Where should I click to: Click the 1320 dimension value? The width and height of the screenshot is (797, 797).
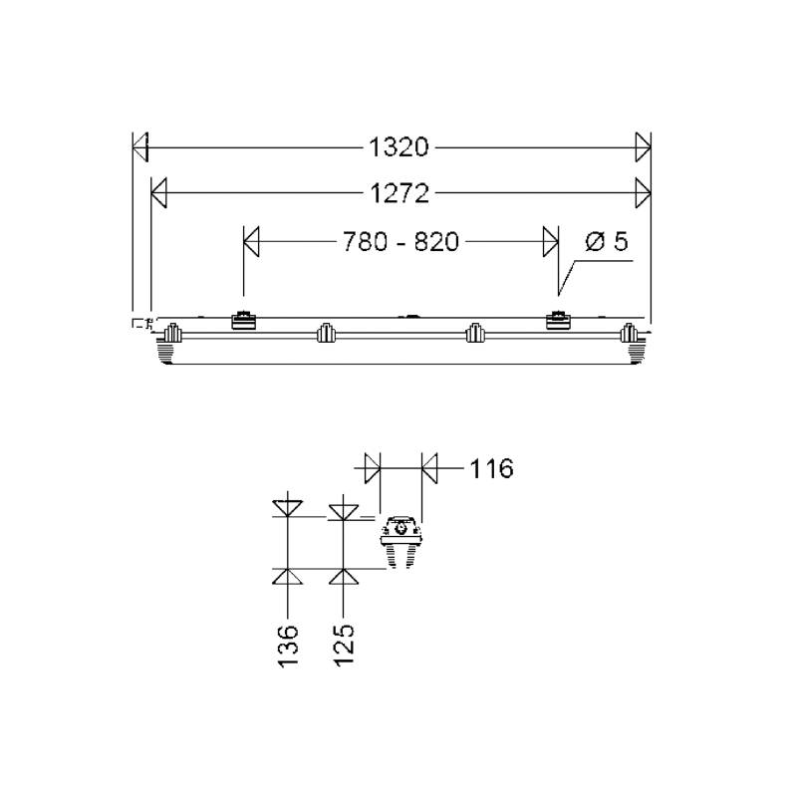point(398,147)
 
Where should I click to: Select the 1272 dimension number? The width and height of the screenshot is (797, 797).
point(399,193)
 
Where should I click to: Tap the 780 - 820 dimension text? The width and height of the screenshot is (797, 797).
point(401,241)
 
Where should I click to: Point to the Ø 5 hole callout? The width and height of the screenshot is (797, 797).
point(607,241)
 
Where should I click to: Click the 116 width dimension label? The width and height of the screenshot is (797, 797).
point(490,467)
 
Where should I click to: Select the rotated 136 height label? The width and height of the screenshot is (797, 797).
point(289,646)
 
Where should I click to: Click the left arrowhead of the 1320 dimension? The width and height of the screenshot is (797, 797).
point(140,147)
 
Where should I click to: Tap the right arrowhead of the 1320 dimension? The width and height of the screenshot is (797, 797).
point(643,147)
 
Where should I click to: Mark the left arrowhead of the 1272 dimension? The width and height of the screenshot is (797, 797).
point(158,193)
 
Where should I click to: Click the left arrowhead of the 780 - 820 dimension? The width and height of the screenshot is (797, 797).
point(252,241)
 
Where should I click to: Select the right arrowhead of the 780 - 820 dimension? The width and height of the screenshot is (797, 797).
point(550,241)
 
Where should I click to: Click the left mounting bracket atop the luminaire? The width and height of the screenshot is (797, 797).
point(243,321)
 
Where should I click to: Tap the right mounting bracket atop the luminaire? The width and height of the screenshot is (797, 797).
point(557,321)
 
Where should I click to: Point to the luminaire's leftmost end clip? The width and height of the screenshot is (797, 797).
point(171,334)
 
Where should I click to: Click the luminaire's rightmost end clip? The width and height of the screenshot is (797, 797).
point(629,334)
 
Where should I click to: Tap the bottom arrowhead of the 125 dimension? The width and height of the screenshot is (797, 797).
point(343,577)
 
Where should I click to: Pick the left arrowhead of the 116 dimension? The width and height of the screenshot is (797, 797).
point(373,467)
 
